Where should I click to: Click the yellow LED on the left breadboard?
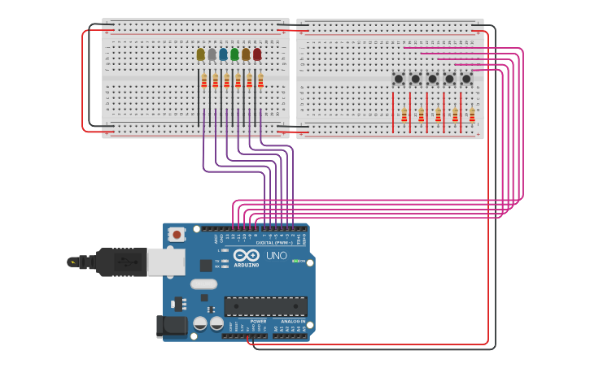point(201,54)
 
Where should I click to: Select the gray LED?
point(212,54)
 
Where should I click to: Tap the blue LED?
point(224,54)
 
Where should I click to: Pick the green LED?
point(234,54)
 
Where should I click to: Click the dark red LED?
point(257,54)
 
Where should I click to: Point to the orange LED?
point(246,54)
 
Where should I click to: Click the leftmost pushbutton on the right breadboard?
point(399,79)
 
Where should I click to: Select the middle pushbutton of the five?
point(433,79)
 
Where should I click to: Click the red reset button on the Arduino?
point(177,235)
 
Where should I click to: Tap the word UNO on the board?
point(276,256)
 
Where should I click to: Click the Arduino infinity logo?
point(247,255)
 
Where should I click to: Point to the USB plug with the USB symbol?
point(122,262)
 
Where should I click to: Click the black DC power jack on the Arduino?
point(173,327)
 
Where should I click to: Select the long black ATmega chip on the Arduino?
point(265,306)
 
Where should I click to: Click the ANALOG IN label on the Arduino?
point(293,322)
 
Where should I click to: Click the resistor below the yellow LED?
point(204,80)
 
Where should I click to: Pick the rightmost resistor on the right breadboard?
point(472,115)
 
